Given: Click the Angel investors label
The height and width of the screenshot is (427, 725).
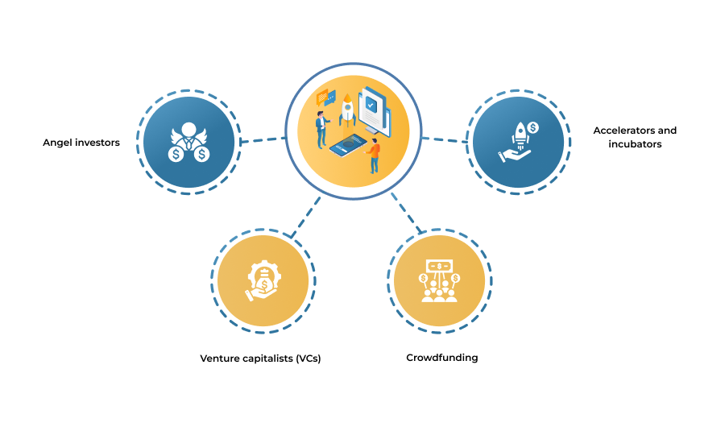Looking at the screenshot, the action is (x=81, y=143).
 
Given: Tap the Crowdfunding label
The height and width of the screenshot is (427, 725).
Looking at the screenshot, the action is (x=442, y=358).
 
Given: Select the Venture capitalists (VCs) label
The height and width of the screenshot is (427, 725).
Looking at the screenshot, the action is (x=260, y=359).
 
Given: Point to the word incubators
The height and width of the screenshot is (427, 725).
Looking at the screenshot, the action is (x=635, y=144).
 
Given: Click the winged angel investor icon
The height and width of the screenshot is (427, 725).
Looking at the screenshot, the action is (x=188, y=142).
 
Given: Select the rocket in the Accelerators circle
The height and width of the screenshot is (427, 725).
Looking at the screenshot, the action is (x=520, y=135).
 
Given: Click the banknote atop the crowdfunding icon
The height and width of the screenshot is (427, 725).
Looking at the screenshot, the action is (x=439, y=266).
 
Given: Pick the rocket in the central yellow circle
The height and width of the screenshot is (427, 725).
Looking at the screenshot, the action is (x=347, y=110).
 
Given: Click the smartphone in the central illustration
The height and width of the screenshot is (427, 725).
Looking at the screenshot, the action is (x=348, y=145).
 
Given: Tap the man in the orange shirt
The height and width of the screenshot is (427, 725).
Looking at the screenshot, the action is (x=373, y=156).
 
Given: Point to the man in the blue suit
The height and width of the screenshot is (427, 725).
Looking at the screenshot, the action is (x=321, y=130).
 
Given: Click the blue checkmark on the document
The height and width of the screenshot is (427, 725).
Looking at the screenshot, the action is (x=371, y=105).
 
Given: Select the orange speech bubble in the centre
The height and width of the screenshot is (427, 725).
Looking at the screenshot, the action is (x=322, y=97).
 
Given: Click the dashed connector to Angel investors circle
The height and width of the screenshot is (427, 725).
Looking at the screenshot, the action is (x=263, y=139).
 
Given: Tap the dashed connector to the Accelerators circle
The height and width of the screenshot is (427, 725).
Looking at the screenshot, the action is (x=445, y=139).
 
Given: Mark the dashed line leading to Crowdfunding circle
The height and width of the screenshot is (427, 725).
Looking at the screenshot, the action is (x=407, y=213).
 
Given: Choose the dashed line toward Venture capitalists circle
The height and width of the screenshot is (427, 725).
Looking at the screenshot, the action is (x=305, y=218).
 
